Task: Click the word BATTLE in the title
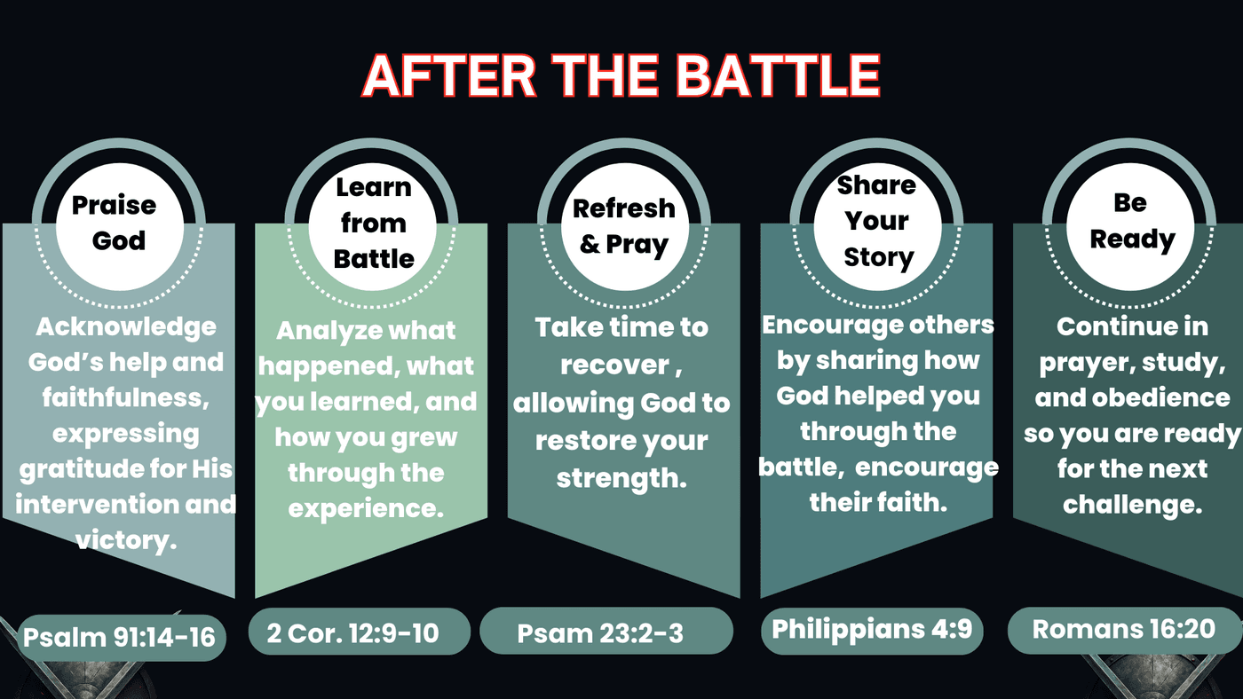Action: [778, 76]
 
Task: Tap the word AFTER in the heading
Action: [449, 76]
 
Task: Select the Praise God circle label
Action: [120, 227]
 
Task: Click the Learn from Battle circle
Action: [372, 227]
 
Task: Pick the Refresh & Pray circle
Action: [625, 227]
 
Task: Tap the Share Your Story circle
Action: [877, 227]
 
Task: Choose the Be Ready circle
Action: [1130, 227]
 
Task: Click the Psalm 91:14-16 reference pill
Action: [120, 638]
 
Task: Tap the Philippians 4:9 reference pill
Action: [872, 631]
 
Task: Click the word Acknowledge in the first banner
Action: [126, 328]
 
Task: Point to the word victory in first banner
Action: [126, 540]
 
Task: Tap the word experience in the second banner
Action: [366, 509]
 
